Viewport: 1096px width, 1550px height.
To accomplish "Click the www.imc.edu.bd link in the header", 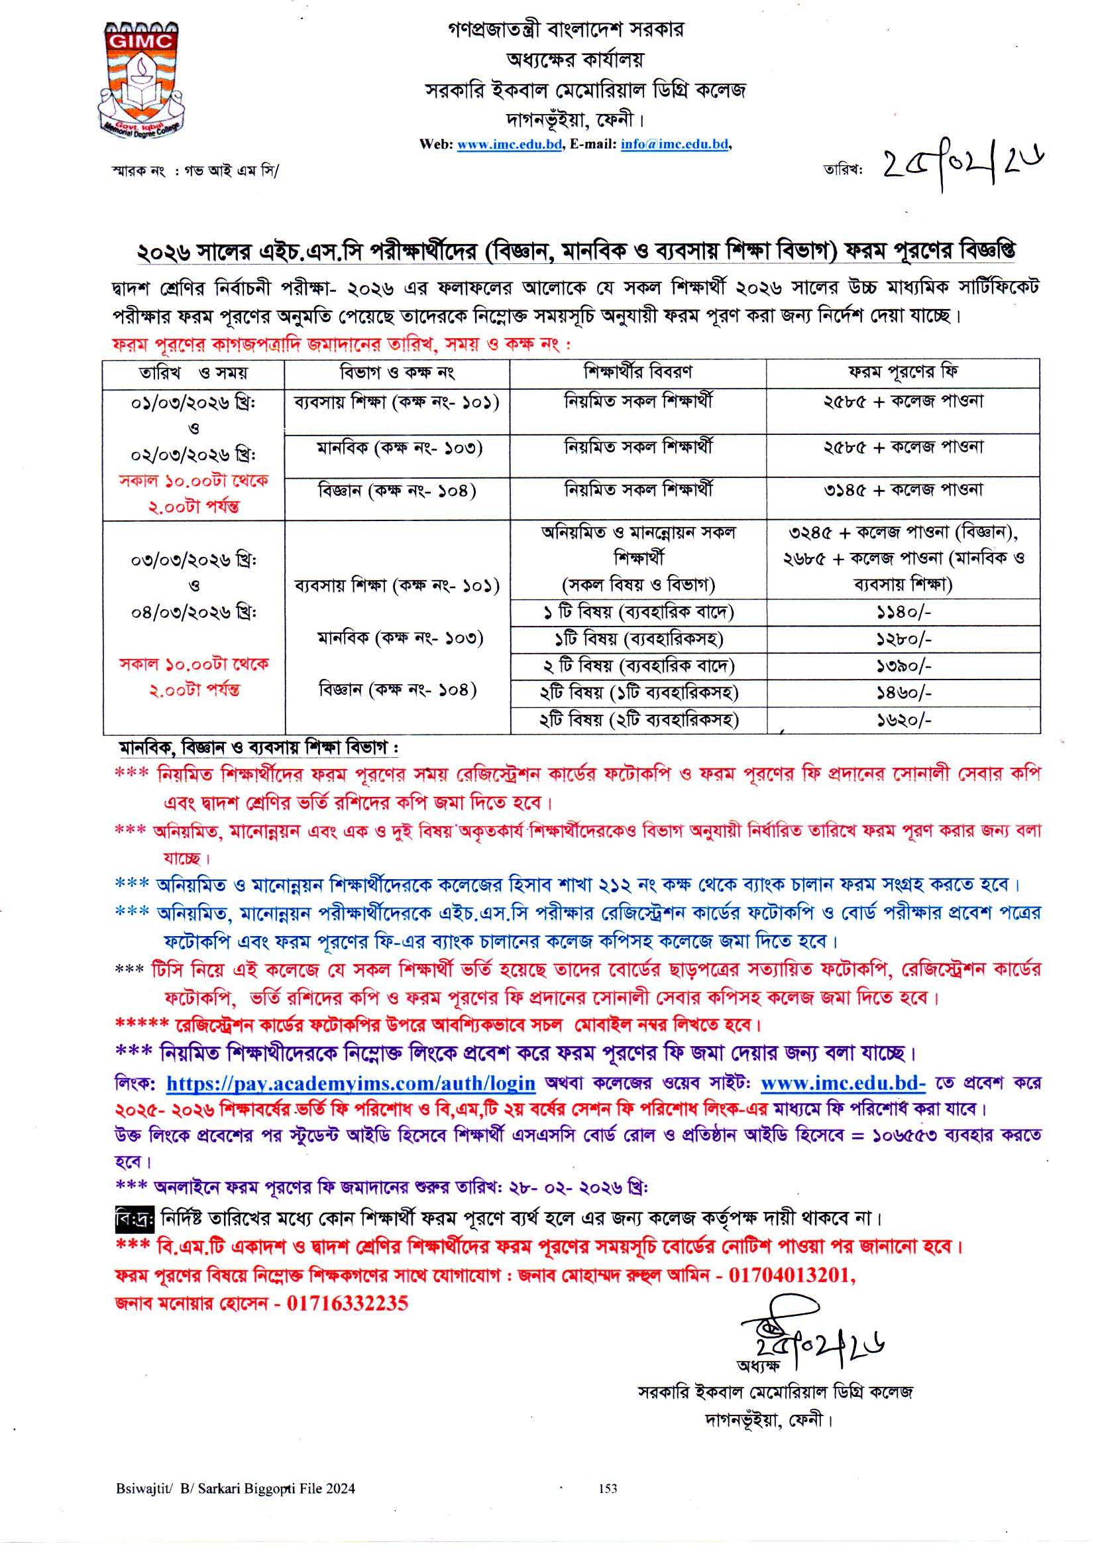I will (x=510, y=144).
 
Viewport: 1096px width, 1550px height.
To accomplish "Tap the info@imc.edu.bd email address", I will (x=674, y=144).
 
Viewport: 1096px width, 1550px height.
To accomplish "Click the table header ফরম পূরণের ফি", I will (x=903, y=372).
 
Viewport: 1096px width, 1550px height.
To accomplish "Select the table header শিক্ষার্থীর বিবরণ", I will (x=637, y=372).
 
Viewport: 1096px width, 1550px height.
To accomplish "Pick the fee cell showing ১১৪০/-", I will (x=903, y=613).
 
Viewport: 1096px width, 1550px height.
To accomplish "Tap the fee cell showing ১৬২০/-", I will (x=903, y=721).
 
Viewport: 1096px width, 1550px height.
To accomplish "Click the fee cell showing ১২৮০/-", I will (x=903, y=638).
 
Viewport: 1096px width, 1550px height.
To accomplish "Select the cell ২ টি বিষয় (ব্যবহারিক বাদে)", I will (x=637, y=666).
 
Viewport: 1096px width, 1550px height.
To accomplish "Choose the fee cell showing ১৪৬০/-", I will (x=903, y=693).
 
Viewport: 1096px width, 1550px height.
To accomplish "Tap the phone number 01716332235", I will (x=348, y=1303).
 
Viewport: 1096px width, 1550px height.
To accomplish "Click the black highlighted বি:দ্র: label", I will (x=135, y=1219).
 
